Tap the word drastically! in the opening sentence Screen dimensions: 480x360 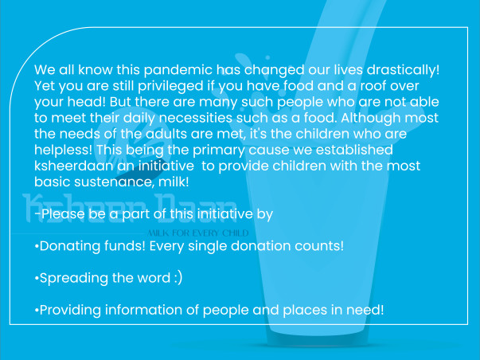point(403,70)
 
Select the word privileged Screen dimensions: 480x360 point(170,86)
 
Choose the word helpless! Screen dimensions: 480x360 point(63,150)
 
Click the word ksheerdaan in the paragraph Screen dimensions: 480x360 point(74,166)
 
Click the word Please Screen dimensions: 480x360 point(63,214)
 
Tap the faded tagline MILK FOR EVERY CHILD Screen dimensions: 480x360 point(198,233)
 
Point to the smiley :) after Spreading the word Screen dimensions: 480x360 point(178,278)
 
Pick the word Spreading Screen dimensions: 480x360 point(74,279)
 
